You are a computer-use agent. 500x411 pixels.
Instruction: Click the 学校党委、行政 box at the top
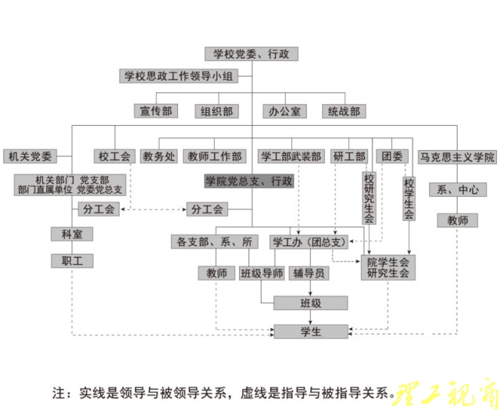tap(251, 54)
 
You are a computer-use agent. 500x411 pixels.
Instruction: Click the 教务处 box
tap(159, 156)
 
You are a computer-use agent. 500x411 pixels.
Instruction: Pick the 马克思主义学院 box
tap(457, 157)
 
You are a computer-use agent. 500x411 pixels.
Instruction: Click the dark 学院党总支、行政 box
tap(249, 181)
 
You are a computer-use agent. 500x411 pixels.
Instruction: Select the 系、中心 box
tap(457, 190)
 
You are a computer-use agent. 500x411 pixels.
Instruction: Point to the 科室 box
tap(72, 234)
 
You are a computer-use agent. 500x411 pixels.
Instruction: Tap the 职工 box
tap(72, 260)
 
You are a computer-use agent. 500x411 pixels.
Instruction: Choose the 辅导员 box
tap(310, 273)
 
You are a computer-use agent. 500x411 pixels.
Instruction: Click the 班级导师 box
tap(262, 273)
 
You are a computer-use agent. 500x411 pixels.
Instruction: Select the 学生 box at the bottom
tap(311, 331)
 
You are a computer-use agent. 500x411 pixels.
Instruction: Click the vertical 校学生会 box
tap(409, 198)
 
